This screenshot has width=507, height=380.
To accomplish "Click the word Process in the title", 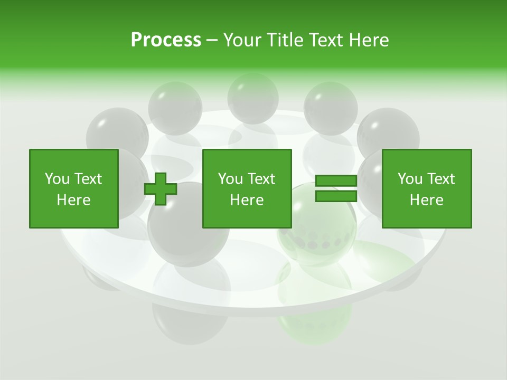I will click(166, 40).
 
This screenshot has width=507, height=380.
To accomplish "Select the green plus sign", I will click(161, 188).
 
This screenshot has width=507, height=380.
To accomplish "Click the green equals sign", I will click(336, 188).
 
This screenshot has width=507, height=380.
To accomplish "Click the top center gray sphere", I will click(252, 98).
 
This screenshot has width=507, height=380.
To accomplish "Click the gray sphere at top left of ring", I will click(175, 106).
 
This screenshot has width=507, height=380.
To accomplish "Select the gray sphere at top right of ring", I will click(331, 106).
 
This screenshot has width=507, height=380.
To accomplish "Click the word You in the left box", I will click(57, 179).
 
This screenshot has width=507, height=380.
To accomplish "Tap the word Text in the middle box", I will click(261, 179).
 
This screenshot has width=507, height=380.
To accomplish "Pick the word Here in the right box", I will click(427, 200).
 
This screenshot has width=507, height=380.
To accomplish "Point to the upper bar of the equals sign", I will click(336, 181).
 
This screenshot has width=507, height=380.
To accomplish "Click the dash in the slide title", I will click(212, 40).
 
